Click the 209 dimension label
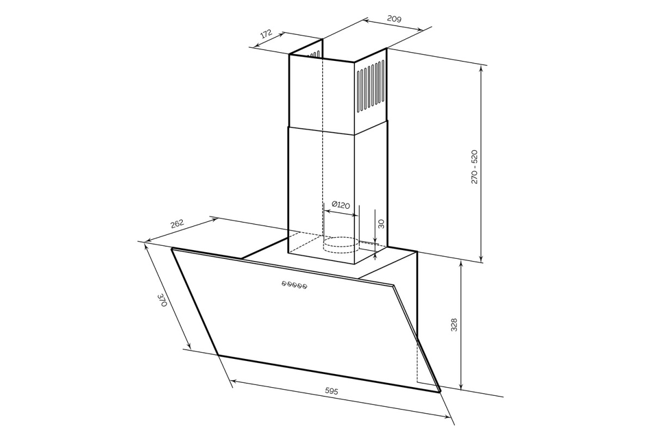click(394, 18)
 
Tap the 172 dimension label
click(266, 34)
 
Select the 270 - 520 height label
click(475, 166)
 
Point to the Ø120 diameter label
click(341, 205)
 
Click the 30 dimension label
click(381, 224)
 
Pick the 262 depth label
click(177, 224)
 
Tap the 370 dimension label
click(162, 300)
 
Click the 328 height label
click(454, 325)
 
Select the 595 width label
click(331, 391)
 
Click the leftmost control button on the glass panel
click(284, 283)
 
